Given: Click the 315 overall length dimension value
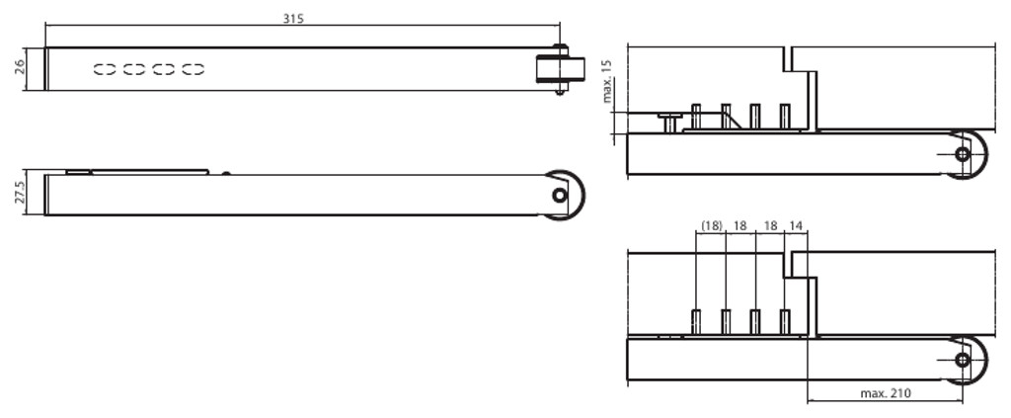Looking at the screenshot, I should tap(293, 19).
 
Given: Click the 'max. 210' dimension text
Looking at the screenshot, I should tap(885, 393).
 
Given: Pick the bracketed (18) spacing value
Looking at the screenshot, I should tap(711, 225).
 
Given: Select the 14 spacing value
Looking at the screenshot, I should tap(796, 225).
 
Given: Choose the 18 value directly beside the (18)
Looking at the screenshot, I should tap(739, 225).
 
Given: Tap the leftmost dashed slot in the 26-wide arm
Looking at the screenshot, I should tap(105, 69).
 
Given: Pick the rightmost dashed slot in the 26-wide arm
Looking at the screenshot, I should tap(194, 69).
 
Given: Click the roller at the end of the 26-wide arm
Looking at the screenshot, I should tap(560, 70).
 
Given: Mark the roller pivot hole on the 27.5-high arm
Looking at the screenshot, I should tap(560, 195).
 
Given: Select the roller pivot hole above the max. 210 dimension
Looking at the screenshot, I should tap(963, 360).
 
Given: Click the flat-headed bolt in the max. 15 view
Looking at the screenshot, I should tap(669, 120).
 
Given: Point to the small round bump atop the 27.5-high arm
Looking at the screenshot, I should tap(226, 173).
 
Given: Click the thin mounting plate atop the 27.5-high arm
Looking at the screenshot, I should tap(137, 172).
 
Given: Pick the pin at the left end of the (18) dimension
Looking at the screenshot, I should tap(696, 321).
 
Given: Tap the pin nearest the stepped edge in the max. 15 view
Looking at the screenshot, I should tap(785, 116).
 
